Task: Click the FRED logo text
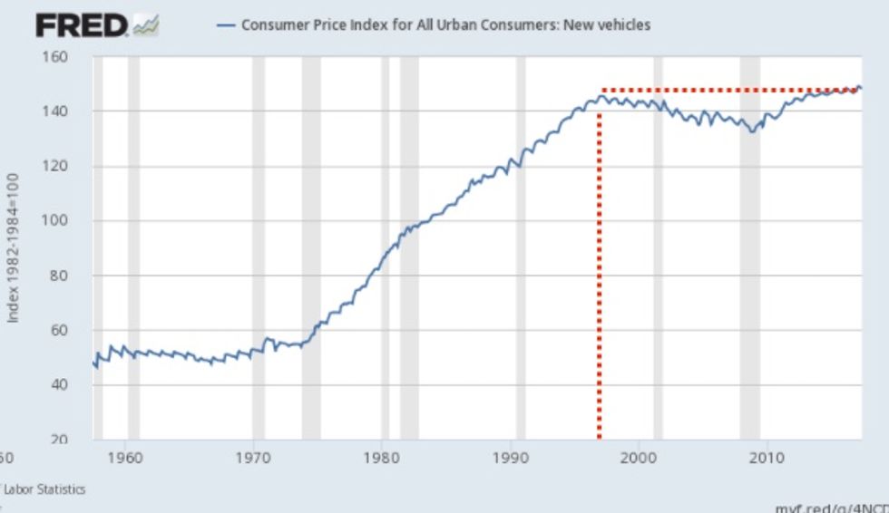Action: pyautogui.click(x=82, y=25)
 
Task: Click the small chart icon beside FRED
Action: pyautogui.click(x=146, y=26)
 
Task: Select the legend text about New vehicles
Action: pyautogui.click(x=445, y=25)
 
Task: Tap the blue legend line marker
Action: pyautogui.click(x=226, y=25)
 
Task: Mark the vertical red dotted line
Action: pyautogui.click(x=599, y=272)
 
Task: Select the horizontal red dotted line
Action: pyautogui.click(x=726, y=90)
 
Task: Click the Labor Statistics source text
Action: pyautogui.click(x=45, y=489)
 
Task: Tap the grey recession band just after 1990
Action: pyautogui.click(x=521, y=245)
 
